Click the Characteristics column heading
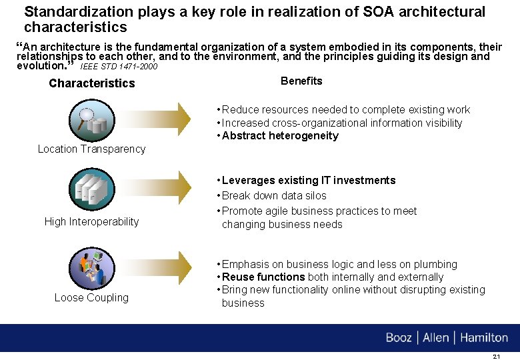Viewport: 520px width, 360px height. pyautogui.click(x=91, y=83)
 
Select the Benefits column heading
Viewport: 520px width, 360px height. pyautogui.click(x=301, y=81)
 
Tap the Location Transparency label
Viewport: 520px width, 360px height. pyautogui.click(x=91, y=149)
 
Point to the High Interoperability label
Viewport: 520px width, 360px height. pyautogui.click(x=91, y=221)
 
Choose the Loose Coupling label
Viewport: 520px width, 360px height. pyautogui.click(x=91, y=297)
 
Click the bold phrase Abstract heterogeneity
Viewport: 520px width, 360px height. pyautogui.click(x=280, y=136)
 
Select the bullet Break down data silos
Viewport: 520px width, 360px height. pyautogui.click(x=274, y=196)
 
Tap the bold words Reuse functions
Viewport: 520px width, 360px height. pyautogui.click(x=263, y=277)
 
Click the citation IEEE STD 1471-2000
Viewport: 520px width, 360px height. pyautogui.click(x=119, y=67)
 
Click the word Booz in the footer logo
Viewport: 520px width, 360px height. pyautogui.click(x=399, y=338)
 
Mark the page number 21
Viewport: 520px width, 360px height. pyautogui.click(x=495, y=357)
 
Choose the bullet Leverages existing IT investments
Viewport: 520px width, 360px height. pyautogui.click(x=309, y=181)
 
